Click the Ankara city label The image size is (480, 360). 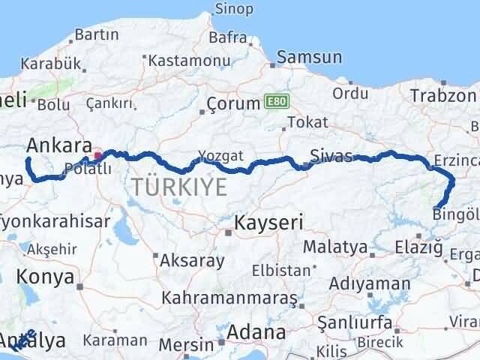point(56,145)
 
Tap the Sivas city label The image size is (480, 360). point(330,156)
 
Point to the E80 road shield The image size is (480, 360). point(275,100)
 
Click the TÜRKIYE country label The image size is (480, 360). point(178,187)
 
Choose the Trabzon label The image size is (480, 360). point(442,95)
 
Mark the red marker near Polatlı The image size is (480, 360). point(98,156)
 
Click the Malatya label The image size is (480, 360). point(335,246)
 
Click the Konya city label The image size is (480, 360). point(48,277)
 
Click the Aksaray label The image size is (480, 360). point(193,260)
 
